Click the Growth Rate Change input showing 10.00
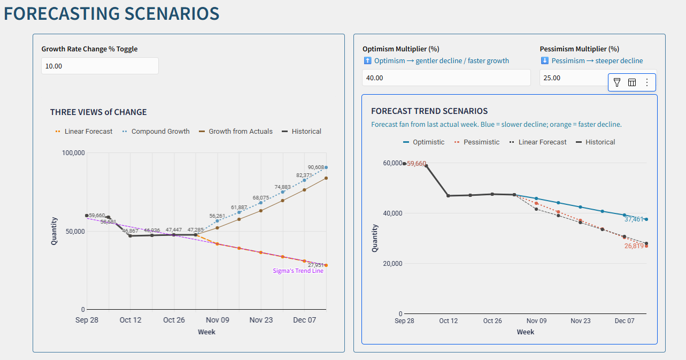[x=99, y=66]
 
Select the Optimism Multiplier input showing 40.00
[x=446, y=78]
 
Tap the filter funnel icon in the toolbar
[x=617, y=82]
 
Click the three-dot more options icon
[x=647, y=82]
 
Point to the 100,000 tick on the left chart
[x=74, y=153]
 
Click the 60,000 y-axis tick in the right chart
[x=393, y=163]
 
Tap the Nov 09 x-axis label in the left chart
[x=218, y=320]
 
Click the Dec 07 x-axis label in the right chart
[x=625, y=321]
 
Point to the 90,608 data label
[x=315, y=167]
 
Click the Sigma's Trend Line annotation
[x=298, y=271]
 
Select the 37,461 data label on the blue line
[x=634, y=219]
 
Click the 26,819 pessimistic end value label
[x=634, y=246]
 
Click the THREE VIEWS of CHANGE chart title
[x=98, y=112]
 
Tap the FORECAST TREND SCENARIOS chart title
[x=429, y=111]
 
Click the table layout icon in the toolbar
[x=632, y=82]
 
